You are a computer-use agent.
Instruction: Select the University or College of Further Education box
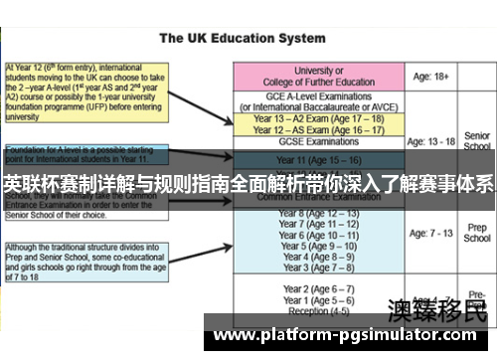[318, 77]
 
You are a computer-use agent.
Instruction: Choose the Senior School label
[477, 141]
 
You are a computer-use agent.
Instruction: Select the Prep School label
[477, 233]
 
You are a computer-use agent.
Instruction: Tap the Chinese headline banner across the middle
[248, 183]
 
